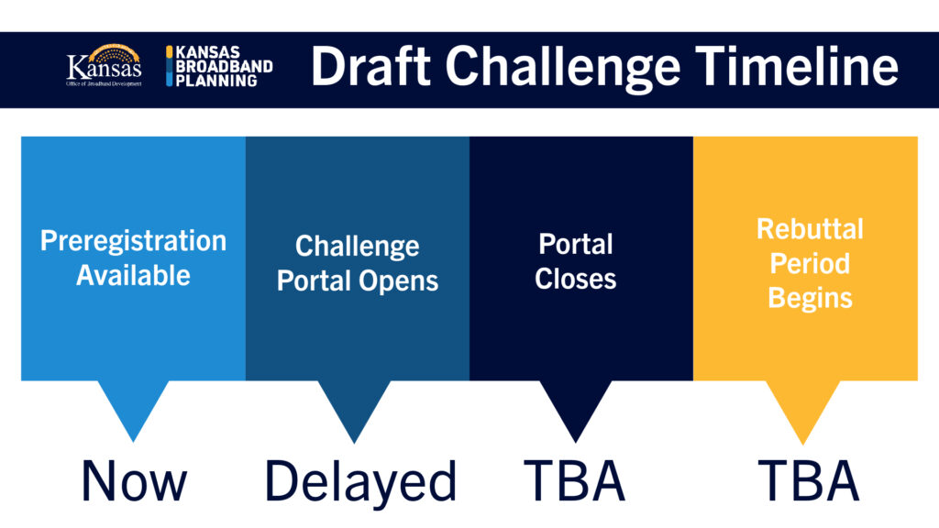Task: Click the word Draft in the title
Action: coord(370,66)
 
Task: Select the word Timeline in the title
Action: coord(797,66)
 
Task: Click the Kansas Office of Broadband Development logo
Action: coord(105,66)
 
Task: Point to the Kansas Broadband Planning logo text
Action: coord(219,66)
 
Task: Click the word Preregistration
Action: coord(134,241)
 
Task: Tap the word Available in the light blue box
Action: coord(134,275)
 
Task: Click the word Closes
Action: coord(576,279)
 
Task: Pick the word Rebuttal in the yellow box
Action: coord(810,228)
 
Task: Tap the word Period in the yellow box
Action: coord(810,263)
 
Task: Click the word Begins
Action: coord(810,299)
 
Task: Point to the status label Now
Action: coord(134,480)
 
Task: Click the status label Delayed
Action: coord(360,482)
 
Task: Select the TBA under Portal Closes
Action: coord(574,480)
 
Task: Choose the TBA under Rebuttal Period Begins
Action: coord(809,480)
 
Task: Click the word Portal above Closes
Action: coord(576,244)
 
